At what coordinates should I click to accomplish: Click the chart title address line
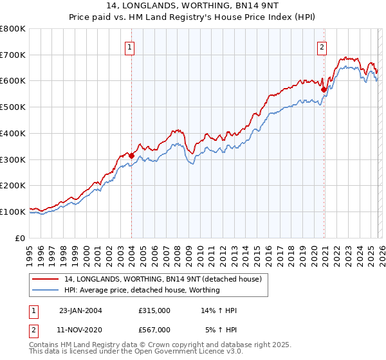[192, 5]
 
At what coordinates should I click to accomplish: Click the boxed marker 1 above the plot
[131, 46]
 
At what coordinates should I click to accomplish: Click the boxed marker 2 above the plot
[322, 46]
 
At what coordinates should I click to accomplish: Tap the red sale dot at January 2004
[131, 155]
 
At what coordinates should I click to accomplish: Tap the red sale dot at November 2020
[323, 89]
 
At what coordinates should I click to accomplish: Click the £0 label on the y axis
[21, 238]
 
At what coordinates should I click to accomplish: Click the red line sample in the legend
[46, 280]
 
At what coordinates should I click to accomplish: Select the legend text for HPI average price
[142, 290]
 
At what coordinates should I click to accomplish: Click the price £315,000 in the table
[154, 310]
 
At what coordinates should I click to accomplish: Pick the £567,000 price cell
[154, 329]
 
